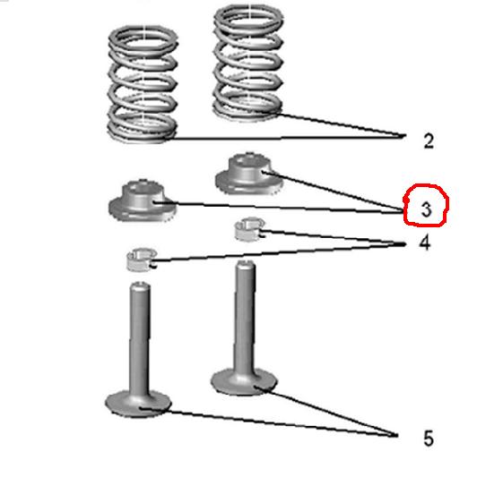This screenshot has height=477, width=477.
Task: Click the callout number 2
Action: (x=429, y=141)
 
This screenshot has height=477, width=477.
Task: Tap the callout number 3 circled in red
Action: (x=426, y=209)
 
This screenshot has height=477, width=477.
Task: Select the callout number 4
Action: (x=425, y=243)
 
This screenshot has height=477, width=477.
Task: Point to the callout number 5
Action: (x=429, y=439)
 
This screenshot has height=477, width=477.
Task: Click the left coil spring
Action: (x=143, y=84)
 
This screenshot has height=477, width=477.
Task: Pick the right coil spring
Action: (x=247, y=63)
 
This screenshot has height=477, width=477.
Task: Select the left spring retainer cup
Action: (x=142, y=200)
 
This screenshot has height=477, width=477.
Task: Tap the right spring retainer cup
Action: (x=248, y=174)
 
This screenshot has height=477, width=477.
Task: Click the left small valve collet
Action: (x=142, y=259)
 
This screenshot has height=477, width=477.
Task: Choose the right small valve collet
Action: (x=250, y=229)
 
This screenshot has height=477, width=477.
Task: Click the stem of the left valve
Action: (x=140, y=337)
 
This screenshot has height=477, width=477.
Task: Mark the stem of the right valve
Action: (x=245, y=317)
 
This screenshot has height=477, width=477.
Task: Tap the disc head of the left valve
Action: (x=138, y=404)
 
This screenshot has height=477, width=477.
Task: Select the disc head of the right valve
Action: (x=244, y=381)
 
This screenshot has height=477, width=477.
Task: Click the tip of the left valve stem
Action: (x=140, y=285)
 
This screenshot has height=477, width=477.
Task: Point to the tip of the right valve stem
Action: (x=246, y=264)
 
